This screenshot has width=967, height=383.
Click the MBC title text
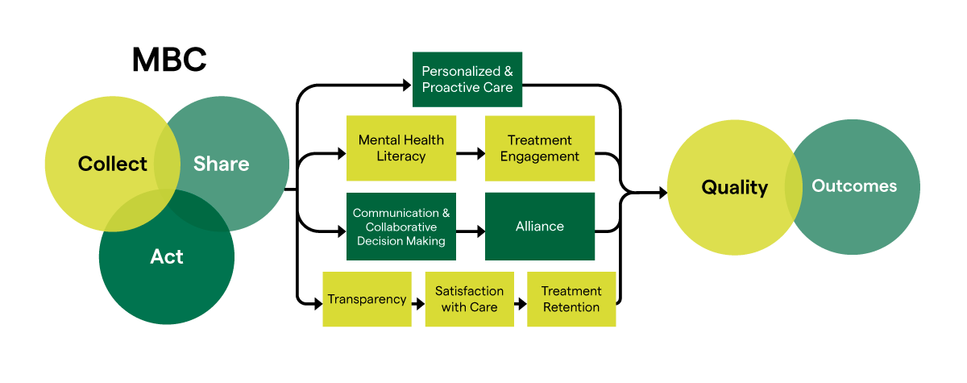tap(169, 60)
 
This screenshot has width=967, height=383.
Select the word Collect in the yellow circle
tap(112, 164)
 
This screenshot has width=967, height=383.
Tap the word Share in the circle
tap(221, 164)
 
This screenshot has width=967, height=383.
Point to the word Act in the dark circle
tap(167, 257)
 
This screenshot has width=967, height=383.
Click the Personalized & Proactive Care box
tap(467, 79)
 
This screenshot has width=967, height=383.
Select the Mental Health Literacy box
tap(400, 148)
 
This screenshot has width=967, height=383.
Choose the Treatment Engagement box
tap(539, 148)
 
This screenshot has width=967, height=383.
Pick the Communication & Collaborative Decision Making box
tap(400, 227)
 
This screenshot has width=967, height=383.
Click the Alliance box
tap(539, 227)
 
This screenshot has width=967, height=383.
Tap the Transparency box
tap(367, 299)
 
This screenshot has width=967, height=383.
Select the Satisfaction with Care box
tap(469, 299)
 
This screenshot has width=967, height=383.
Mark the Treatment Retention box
tap(571, 299)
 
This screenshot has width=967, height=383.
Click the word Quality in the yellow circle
tap(734, 188)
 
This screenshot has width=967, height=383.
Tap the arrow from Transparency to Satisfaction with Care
tap(418, 304)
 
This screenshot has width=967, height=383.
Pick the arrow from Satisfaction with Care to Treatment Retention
tap(521, 304)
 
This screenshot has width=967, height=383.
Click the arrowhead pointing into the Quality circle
tap(662, 193)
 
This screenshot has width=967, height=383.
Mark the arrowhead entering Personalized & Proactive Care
tap(407, 83)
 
